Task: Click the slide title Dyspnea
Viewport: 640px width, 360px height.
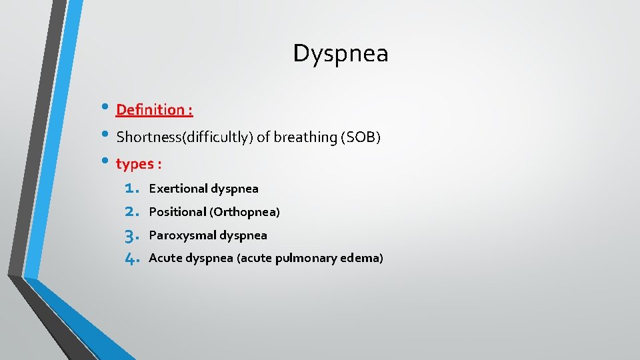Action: [340, 54]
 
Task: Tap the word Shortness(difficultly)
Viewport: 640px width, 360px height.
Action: [185, 137]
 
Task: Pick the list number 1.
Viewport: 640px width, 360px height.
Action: [131, 189]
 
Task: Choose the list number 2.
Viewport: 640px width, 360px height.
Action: [131, 212]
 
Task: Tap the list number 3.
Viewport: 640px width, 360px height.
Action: [131, 235]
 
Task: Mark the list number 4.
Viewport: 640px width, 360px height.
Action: [131, 259]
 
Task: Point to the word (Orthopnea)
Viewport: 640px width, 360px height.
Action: [245, 212]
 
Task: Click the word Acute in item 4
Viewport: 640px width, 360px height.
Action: [165, 258]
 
